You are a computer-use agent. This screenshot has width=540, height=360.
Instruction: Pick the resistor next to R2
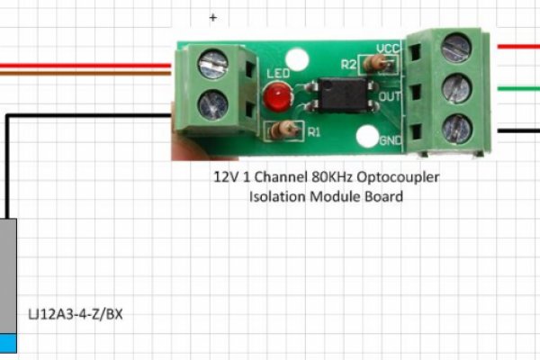click(378, 62)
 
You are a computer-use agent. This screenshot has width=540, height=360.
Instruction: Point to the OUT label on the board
click(389, 95)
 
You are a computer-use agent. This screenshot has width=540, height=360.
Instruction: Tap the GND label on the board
click(391, 140)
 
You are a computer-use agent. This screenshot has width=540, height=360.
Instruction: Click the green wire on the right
click(517, 88)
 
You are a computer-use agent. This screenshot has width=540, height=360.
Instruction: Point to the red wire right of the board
click(517, 47)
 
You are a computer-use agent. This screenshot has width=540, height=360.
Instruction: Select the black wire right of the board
click(517, 130)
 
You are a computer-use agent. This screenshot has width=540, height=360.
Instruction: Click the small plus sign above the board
click(213, 17)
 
